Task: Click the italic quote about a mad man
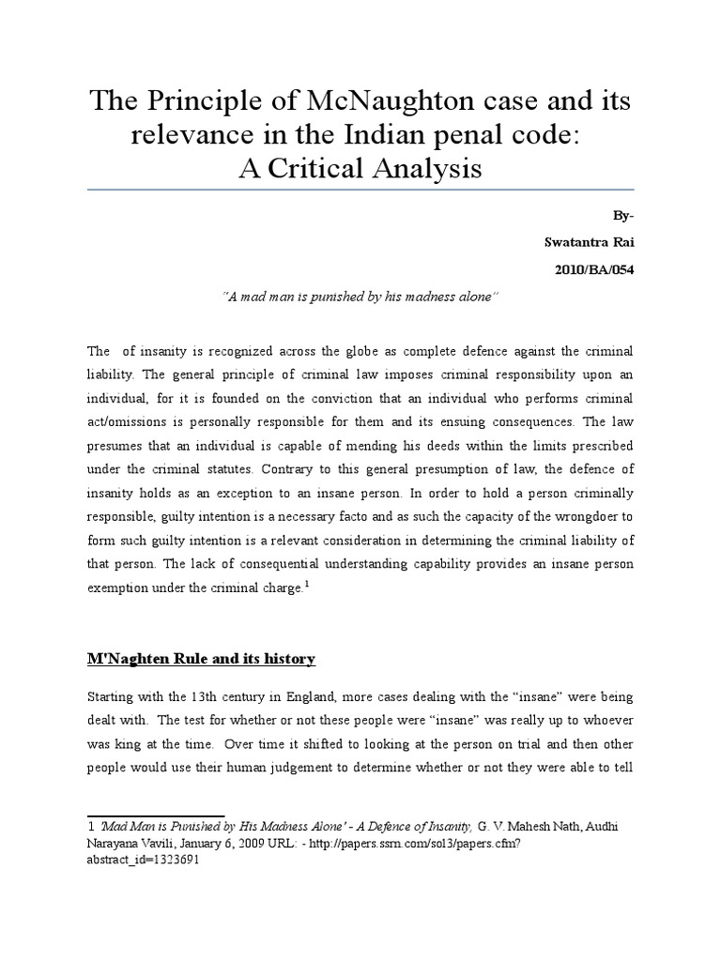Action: pyautogui.click(x=361, y=297)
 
